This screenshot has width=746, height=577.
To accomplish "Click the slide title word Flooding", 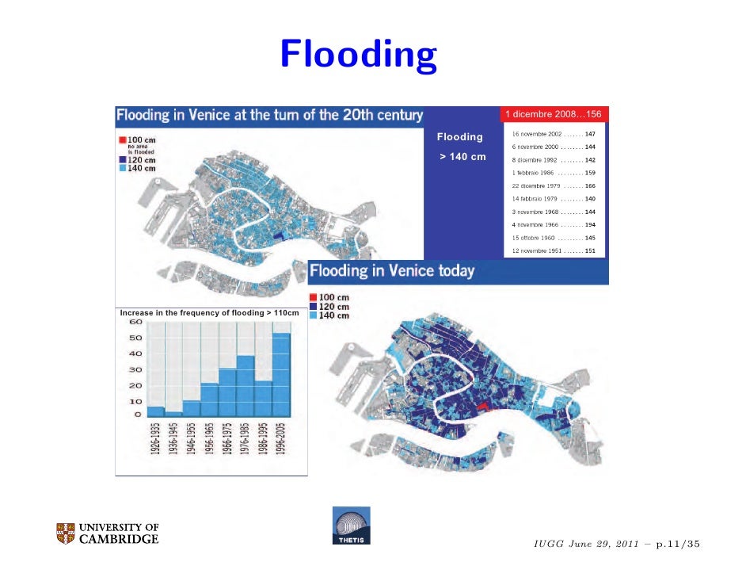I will (357, 55).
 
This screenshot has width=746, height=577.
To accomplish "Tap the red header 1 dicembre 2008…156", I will (553, 115).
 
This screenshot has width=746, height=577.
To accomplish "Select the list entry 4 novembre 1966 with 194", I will (554, 225).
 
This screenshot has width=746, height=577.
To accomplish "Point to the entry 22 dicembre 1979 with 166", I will (554, 185).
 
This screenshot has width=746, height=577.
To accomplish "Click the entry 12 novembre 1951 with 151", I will (554, 250).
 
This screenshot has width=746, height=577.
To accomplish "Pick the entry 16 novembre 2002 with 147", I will (554, 135).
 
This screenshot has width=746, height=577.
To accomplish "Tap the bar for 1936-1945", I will (173, 414).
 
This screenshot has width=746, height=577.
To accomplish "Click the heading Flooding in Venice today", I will (392, 271).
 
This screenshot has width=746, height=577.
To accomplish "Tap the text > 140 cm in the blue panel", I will (463, 157).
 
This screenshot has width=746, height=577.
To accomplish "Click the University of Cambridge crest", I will (66, 533).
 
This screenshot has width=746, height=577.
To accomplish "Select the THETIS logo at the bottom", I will (351, 526).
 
